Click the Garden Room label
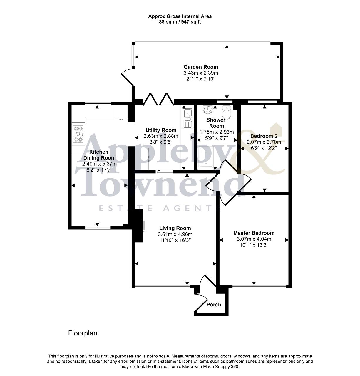click(x=200, y=67)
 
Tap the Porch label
click(x=214, y=305)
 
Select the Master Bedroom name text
click(x=254, y=233)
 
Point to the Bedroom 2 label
click(x=264, y=136)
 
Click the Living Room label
click(x=175, y=228)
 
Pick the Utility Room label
click(x=161, y=130)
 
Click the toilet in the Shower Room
click(x=226, y=112)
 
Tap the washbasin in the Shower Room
click(x=208, y=110)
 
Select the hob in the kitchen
click(x=78, y=134)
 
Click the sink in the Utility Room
click(x=187, y=118)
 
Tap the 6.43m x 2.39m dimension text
click(x=200, y=73)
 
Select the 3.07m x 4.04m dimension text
click(x=254, y=239)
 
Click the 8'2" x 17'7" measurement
click(x=99, y=170)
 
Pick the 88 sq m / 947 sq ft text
click(x=180, y=22)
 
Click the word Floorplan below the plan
click(x=83, y=333)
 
